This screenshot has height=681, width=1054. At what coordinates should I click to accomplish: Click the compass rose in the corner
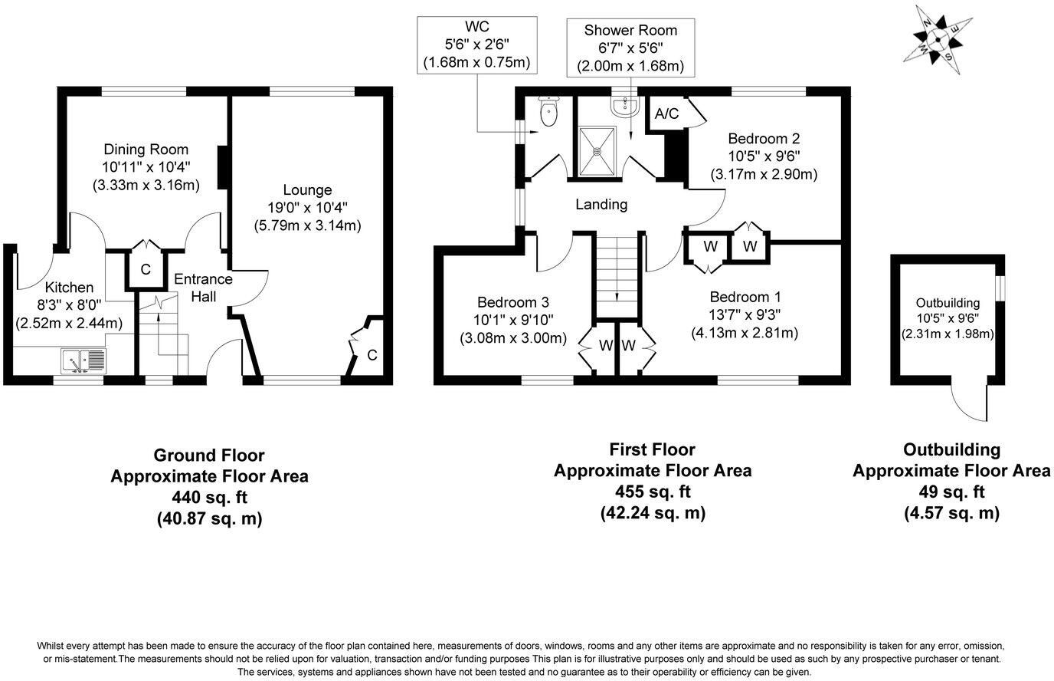coord(938,40)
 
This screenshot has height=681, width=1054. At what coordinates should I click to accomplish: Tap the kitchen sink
coord(83,361)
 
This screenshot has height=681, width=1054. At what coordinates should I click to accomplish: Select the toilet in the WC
coord(548,110)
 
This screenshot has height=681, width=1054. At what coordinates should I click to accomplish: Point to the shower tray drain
coord(597,151)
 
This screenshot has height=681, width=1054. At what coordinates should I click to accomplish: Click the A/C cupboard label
coord(666,113)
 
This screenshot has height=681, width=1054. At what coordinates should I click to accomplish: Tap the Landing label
coord(601,205)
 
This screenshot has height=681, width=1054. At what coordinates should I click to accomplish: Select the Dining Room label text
coord(146,150)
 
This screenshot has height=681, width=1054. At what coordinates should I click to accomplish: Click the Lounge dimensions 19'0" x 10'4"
coord(308,207)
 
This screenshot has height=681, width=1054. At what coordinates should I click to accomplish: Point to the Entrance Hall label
coord(203,288)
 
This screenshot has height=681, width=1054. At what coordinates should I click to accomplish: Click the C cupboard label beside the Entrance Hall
coord(146,269)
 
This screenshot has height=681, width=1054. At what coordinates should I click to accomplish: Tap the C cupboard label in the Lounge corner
coord(372,355)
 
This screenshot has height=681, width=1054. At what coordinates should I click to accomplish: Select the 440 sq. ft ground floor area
coord(209,497)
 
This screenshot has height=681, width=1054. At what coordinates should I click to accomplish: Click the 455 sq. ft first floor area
coord(653,492)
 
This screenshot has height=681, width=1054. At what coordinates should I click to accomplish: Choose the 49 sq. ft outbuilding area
coord(951,492)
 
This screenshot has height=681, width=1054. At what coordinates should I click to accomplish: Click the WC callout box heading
coord(477,26)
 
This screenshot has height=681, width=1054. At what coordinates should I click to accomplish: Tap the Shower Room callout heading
coord(630,30)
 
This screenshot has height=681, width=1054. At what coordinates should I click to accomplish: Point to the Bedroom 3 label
coord(513,302)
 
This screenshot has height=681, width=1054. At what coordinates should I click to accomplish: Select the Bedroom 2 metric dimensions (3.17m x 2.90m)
coord(764,174)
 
